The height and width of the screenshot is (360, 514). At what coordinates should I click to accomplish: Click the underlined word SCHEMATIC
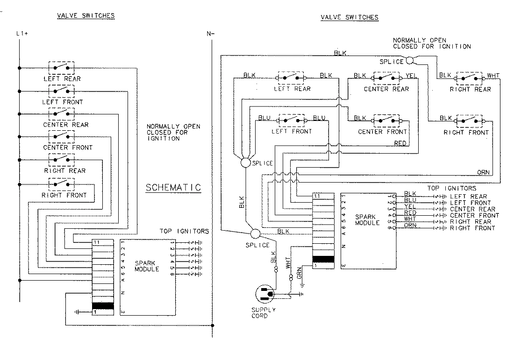(173, 188)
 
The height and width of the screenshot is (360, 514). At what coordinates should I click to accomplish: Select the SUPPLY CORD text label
(264, 313)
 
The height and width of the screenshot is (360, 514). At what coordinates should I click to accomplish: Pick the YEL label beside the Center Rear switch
(411, 75)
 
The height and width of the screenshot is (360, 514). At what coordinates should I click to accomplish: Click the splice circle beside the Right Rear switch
(409, 60)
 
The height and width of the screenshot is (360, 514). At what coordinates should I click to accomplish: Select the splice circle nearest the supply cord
(255, 233)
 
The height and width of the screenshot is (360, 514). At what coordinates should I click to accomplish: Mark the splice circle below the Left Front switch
(245, 162)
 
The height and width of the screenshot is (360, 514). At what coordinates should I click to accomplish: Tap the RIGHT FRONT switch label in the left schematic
(64, 195)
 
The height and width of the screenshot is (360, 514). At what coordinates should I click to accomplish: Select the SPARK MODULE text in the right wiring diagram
(367, 220)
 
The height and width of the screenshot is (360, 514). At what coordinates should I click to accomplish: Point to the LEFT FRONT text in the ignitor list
(470, 203)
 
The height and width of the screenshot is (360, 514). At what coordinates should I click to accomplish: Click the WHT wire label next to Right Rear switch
(493, 75)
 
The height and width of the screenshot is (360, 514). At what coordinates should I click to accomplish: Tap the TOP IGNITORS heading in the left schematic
(184, 231)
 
